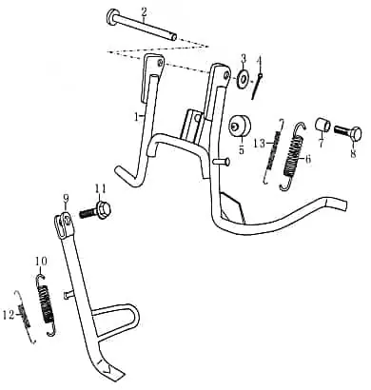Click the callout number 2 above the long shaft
(144, 12)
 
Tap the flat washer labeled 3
(244, 78)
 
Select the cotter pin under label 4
(257, 86)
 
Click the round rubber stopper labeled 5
(240, 127)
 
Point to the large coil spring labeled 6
(293, 156)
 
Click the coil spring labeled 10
(46, 305)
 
